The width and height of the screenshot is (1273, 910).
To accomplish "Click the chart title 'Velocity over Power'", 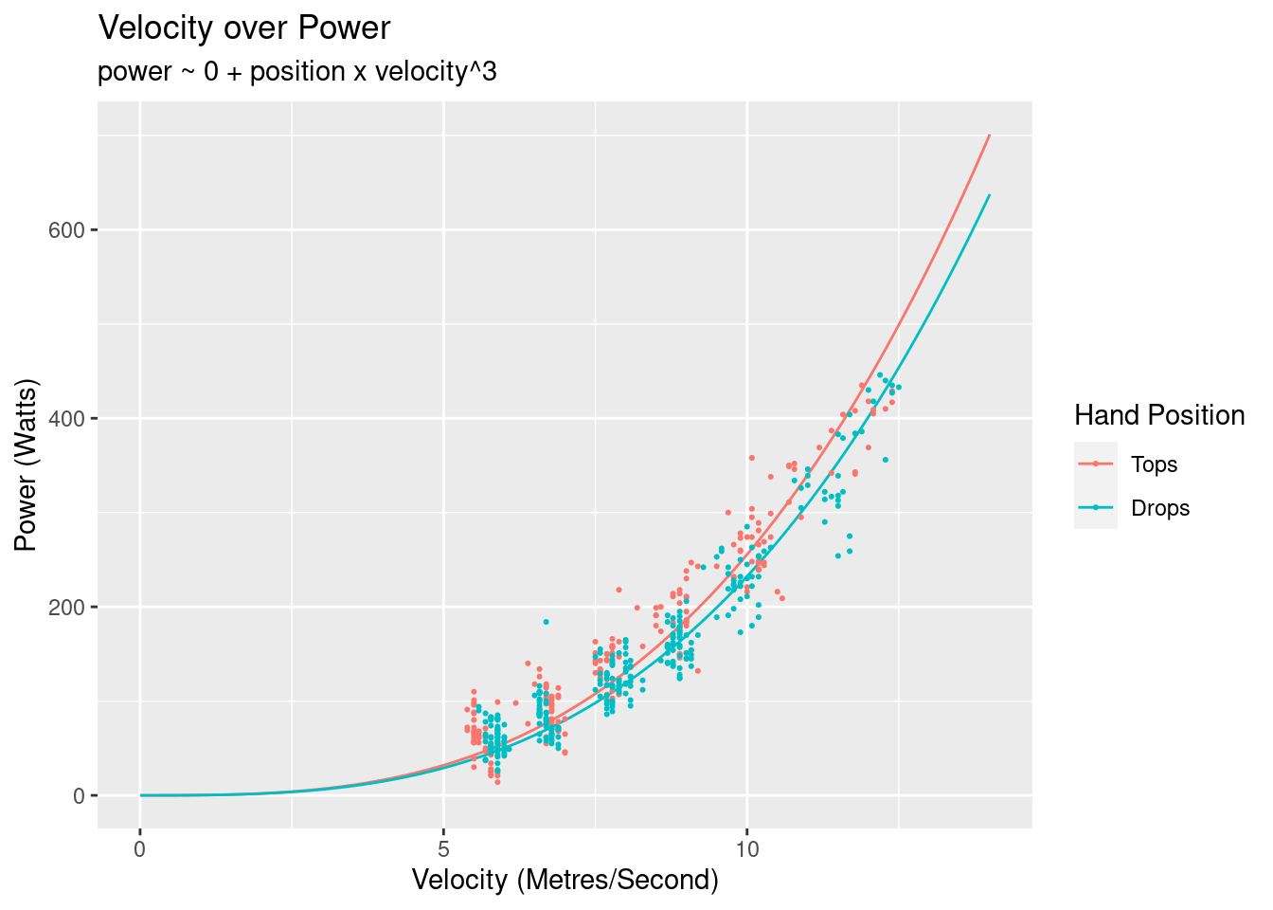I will [244, 28].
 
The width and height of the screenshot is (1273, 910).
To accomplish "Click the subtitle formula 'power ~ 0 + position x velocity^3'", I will [297, 72].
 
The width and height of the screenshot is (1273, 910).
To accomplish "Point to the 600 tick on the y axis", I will [74, 230].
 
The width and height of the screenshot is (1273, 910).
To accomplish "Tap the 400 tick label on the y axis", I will [74, 419].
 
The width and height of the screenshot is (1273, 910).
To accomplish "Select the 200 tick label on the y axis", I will [74, 608].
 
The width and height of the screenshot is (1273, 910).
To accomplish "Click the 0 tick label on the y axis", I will [81, 796].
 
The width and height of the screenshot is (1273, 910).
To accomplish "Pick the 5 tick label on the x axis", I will [443, 848].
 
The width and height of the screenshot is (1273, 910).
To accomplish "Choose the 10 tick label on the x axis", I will [747, 848].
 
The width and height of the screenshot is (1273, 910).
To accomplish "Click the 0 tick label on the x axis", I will [140, 848].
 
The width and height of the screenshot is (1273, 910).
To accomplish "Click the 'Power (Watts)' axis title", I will [27, 464].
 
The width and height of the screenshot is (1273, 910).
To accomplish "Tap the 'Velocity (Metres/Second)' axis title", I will [565, 881].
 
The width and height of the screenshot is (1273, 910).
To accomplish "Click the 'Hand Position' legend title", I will [1159, 415].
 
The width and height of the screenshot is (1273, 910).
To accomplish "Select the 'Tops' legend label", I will [1154, 464].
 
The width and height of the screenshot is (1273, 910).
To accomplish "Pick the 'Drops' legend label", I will [1160, 508].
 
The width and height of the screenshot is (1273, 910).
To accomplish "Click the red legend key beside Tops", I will [1096, 464].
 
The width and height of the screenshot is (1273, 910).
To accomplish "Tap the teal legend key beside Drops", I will [1096, 507].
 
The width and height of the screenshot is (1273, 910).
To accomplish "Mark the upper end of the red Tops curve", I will [990, 135].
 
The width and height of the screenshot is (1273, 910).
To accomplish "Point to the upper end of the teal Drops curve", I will [990, 195].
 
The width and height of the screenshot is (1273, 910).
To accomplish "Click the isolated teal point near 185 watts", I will [546, 622].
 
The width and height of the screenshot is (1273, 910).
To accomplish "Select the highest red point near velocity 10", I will [752, 458].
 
